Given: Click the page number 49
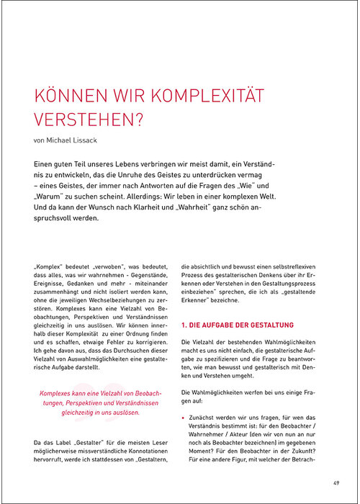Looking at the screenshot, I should (336, 482).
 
